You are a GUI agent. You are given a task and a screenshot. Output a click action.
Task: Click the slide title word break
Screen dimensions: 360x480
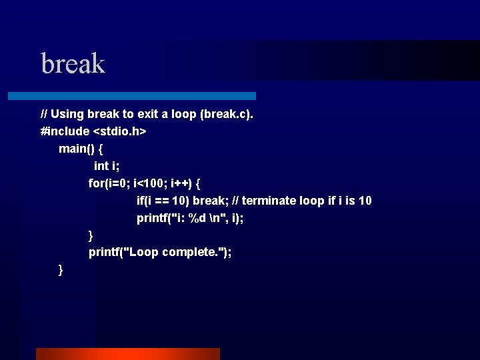click(73, 64)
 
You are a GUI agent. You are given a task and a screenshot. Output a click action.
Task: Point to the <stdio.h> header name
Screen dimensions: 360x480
click(120, 131)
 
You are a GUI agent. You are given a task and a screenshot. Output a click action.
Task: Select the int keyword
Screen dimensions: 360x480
click(101, 166)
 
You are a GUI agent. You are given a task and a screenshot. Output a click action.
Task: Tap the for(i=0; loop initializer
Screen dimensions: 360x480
click(109, 183)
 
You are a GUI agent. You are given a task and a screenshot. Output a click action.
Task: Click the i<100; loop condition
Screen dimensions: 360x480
click(151, 183)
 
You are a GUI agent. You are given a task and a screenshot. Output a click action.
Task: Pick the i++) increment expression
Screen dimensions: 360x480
click(182, 183)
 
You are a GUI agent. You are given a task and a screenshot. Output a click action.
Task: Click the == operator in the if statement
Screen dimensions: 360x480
click(163, 201)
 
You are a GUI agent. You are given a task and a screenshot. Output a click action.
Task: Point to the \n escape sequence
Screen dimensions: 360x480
click(213, 218)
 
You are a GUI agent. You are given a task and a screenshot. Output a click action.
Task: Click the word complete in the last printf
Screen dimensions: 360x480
click(189, 252)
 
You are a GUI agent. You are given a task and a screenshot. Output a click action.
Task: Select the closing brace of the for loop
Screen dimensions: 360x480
click(91, 235)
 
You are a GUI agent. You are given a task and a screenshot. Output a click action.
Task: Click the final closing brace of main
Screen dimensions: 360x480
click(61, 269)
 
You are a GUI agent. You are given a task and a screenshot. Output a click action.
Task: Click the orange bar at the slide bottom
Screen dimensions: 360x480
click(127, 353)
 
